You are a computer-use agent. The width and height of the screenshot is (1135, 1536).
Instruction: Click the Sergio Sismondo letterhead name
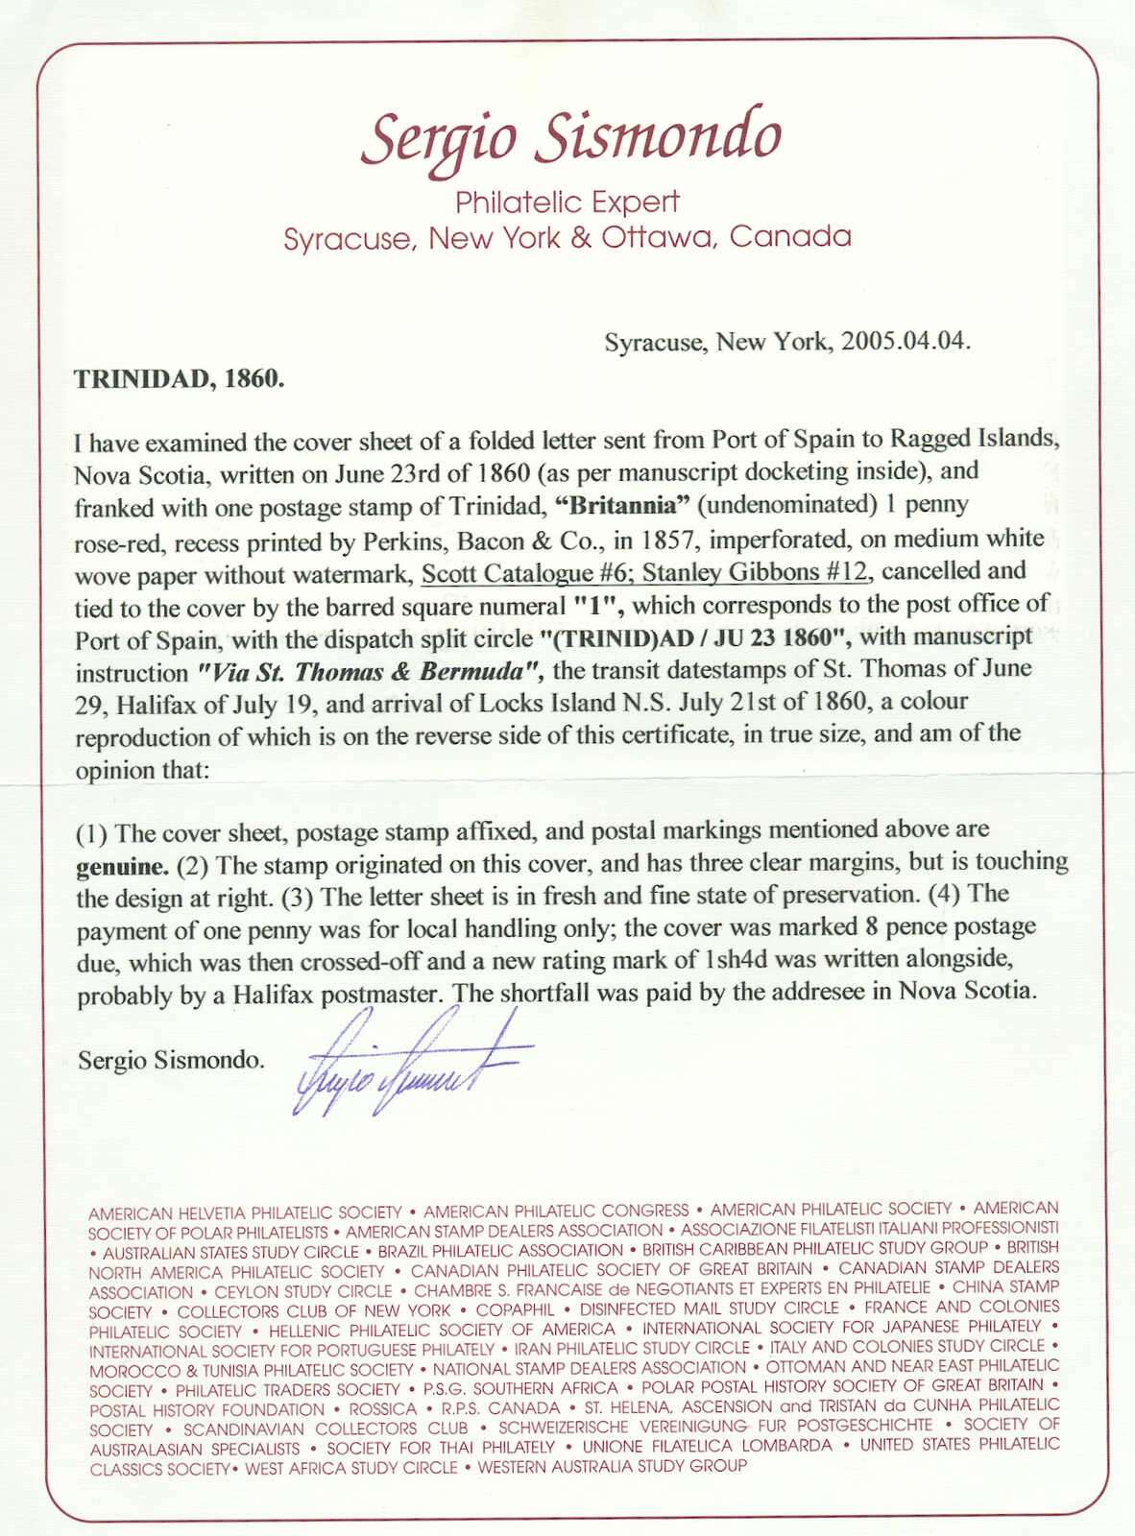tap(570, 137)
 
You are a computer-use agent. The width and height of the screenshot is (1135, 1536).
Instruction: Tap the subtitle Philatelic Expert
tap(567, 203)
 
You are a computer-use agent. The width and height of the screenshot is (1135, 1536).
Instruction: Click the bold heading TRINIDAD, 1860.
tap(179, 377)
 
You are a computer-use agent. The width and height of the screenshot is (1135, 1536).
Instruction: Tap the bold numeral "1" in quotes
tap(592, 607)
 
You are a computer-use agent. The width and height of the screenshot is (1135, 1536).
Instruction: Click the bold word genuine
tap(122, 867)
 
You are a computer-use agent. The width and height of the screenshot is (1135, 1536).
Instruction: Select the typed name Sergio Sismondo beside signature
tap(171, 1061)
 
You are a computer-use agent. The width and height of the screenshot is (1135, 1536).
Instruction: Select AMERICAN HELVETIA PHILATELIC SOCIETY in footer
tap(245, 1212)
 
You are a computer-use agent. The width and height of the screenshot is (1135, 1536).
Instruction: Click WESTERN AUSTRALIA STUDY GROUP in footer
tap(612, 1467)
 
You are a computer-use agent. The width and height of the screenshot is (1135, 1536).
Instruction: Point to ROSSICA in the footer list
tap(382, 1409)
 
